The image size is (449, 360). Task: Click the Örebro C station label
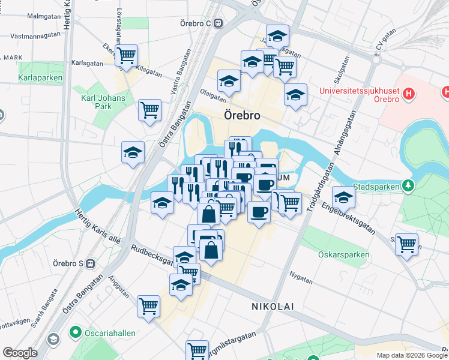pyautogui.click(x=196, y=23)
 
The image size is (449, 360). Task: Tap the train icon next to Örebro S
pyautogui.click(x=90, y=263)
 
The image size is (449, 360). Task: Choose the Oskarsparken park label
pyautogui.click(x=343, y=254)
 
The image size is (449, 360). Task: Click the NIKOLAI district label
pyautogui.click(x=272, y=307)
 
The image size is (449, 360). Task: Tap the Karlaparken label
pyautogui.click(x=38, y=78)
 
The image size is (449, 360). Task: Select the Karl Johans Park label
pyautogui.click(x=103, y=102)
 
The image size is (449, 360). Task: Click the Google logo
pyautogui.click(x=20, y=353)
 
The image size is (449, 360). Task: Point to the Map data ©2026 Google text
pyautogui.click(x=411, y=355)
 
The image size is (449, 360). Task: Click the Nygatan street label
pyautogui.click(x=301, y=280)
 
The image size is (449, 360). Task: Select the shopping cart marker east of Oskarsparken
pyautogui.click(x=407, y=244)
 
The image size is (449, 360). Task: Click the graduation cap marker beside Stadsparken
pyautogui.click(x=343, y=196)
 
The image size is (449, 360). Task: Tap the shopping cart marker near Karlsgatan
pyautogui.click(x=126, y=56)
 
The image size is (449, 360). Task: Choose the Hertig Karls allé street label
pyautogui.click(x=97, y=227)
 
